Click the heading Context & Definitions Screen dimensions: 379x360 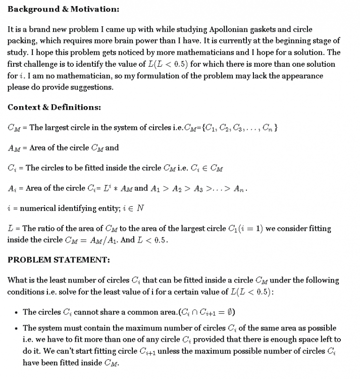(x=54, y=107)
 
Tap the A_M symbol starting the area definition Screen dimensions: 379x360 (x=14, y=148)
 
